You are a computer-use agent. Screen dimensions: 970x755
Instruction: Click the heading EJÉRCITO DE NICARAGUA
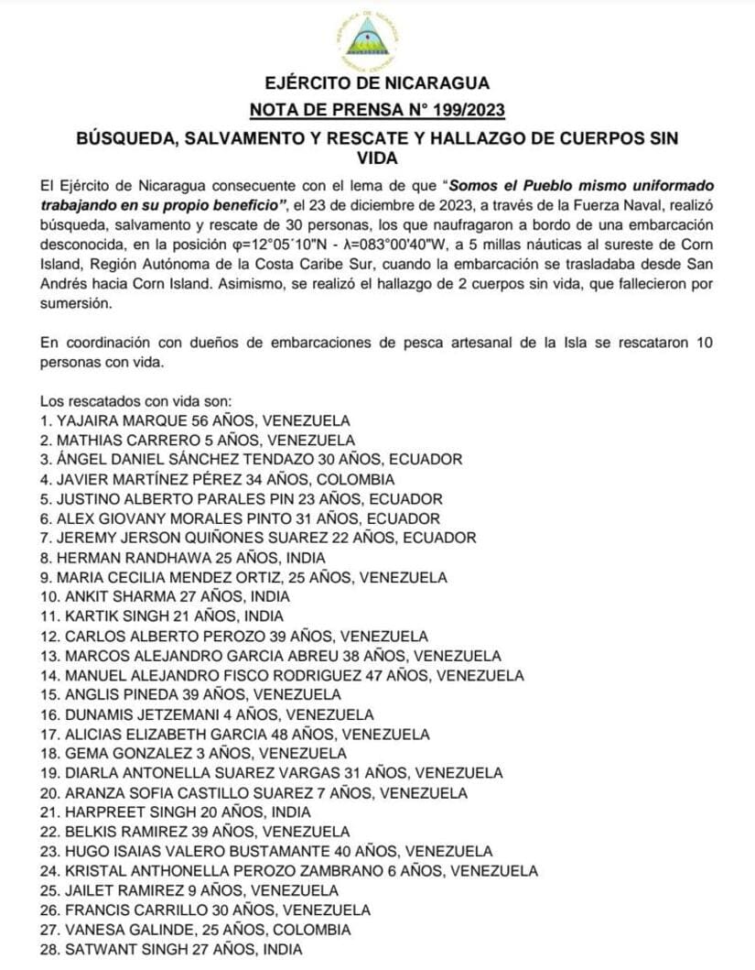377,85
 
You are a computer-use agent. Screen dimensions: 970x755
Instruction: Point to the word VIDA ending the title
377,157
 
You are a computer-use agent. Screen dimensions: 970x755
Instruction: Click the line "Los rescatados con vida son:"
136,400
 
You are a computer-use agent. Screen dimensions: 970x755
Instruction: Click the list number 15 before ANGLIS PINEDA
49,694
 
